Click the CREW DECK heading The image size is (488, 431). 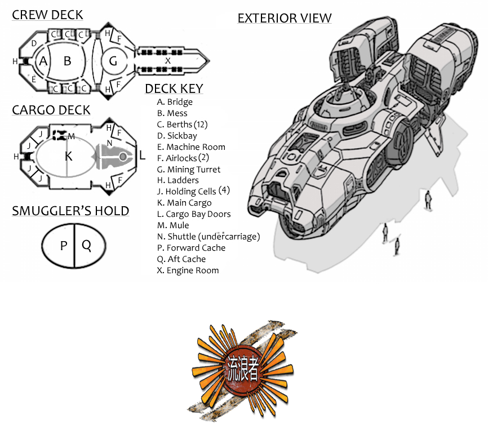(47, 15)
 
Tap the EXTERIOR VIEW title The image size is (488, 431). (285, 19)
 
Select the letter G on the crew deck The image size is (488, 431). (113, 61)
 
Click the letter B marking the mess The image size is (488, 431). (67, 61)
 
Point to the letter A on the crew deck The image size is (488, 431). (43, 61)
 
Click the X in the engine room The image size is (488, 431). (168, 61)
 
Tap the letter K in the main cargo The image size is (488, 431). (69, 156)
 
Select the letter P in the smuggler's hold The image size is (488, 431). (64, 246)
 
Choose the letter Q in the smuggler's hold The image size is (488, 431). (86, 246)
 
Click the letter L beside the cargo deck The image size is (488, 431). (142, 155)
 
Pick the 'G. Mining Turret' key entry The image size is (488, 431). (189, 169)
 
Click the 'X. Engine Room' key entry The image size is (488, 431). (188, 270)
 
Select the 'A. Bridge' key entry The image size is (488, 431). (175, 102)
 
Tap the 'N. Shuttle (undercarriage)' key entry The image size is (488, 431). (208, 237)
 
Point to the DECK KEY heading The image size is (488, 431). (174, 88)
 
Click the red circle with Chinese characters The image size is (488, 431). (243, 369)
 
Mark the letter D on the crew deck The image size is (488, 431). (34, 43)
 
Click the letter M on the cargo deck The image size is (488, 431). (71, 136)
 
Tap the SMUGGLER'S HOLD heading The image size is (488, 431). (70, 211)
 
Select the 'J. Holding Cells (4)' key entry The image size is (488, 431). (193, 191)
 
